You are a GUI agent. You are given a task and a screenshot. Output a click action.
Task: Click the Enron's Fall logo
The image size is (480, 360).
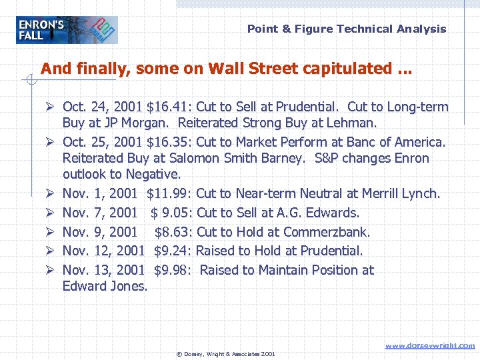pos(67,30)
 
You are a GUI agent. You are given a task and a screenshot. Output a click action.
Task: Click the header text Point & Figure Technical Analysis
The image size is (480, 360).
pos(347,29)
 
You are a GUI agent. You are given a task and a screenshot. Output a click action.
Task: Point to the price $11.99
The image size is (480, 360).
pos(169,194)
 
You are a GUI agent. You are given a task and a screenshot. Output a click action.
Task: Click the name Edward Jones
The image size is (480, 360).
pos(104,286)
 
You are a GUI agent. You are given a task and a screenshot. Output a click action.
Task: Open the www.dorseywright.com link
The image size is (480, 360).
pos(431,345)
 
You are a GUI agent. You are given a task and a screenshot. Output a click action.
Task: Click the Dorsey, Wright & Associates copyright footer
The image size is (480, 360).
pos(225,353)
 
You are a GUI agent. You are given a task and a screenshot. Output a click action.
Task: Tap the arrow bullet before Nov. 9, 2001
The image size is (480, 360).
pos(50,232)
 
